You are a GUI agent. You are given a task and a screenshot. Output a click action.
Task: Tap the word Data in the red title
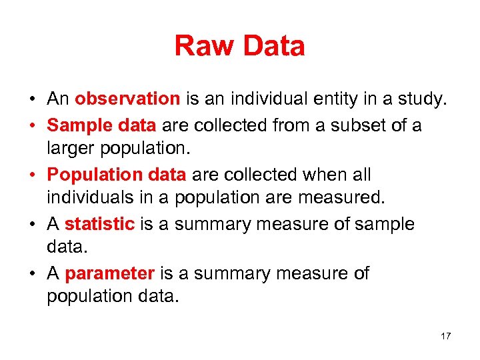coord(273,46)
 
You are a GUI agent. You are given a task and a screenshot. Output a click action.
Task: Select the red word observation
coord(127,99)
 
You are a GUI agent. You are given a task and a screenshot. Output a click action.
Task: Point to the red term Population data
coord(117,175)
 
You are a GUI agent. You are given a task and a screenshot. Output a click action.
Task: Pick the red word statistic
coord(99,225)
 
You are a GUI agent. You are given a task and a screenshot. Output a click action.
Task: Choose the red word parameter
coord(110,274)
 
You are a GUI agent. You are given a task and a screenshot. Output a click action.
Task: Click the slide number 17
coord(445,336)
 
